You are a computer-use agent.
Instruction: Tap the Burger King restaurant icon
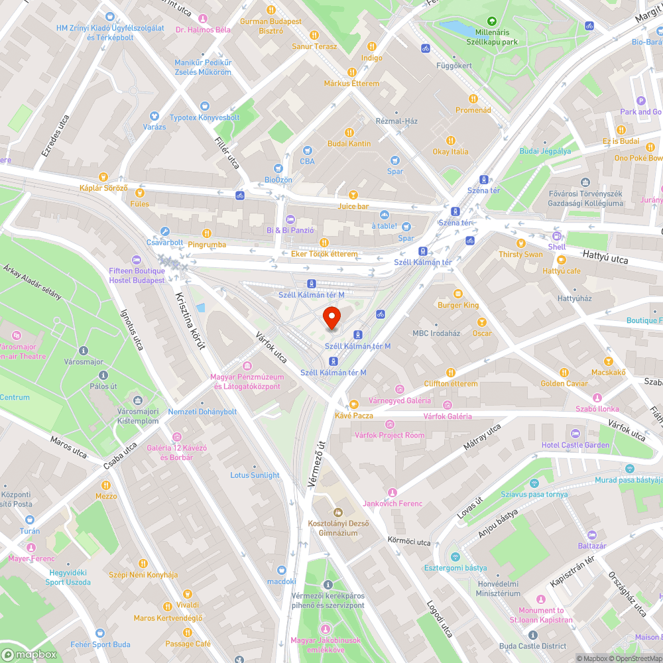(x=457, y=294)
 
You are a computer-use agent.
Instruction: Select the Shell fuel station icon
(x=556, y=236)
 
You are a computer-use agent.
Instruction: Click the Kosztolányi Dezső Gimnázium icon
(x=337, y=512)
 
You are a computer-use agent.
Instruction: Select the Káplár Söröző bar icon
(x=103, y=176)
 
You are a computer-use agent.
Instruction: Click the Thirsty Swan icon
(x=520, y=243)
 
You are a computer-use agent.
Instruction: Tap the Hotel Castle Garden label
(x=575, y=445)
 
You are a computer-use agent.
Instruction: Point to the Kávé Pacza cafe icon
(x=354, y=404)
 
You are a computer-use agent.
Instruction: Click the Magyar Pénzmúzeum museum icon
(x=247, y=366)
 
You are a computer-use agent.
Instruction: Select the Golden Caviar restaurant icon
(x=564, y=373)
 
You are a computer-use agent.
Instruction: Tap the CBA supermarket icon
(x=307, y=151)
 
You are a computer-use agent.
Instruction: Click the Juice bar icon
(x=353, y=195)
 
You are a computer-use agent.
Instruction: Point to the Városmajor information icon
(x=83, y=351)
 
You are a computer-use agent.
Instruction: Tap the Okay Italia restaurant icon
(x=451, y=140)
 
